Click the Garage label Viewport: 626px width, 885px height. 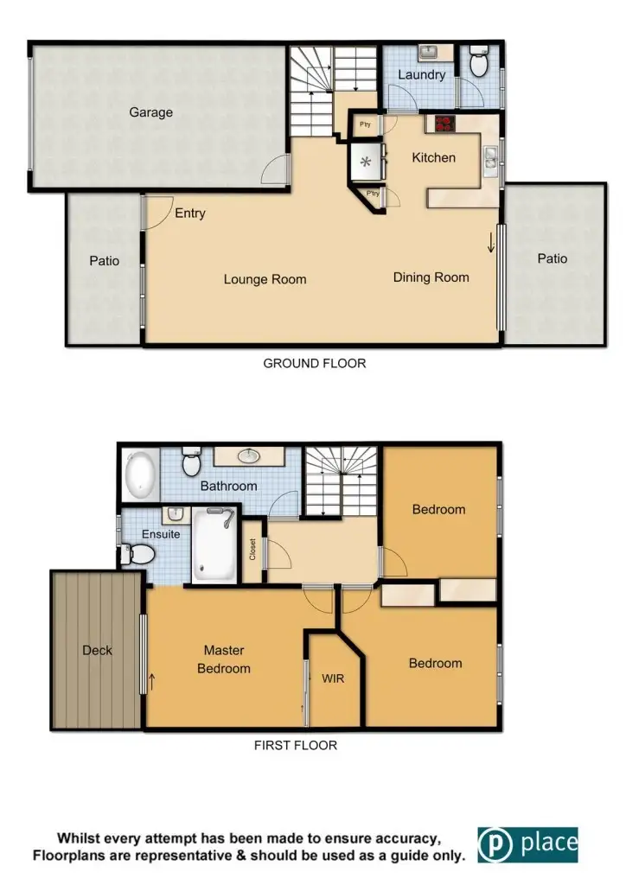point(151,112)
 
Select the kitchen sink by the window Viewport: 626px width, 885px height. point(490,158)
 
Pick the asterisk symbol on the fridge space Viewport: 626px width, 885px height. point(365,162)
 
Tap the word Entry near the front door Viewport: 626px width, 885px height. point(190,213)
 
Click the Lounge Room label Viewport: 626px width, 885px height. point(265,279)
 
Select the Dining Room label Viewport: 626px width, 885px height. point(431,277)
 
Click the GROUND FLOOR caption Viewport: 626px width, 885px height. point(314,364)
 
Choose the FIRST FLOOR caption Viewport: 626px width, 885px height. point(296,744)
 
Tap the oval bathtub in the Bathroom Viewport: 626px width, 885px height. point(139,474)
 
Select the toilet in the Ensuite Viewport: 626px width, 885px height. point(133,553)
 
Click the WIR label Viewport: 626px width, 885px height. point(332,678)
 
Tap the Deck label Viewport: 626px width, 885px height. point(97,650)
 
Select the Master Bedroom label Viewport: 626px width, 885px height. point(224,659)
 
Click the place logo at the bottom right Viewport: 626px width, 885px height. point(527,844)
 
